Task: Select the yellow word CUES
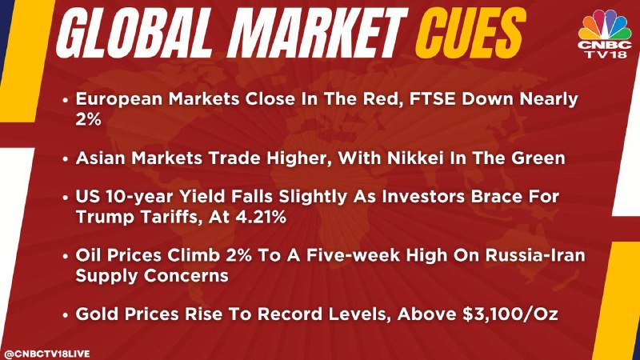tap(470, 33)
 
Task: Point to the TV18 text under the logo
tap(606, 54)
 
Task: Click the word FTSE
tap(432, 99)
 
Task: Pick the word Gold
tap(98, 314)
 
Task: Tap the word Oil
tap(89, 255)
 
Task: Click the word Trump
tap(106, 217)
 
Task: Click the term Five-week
tap(352, 255)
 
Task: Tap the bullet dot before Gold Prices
tap(66, 315)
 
